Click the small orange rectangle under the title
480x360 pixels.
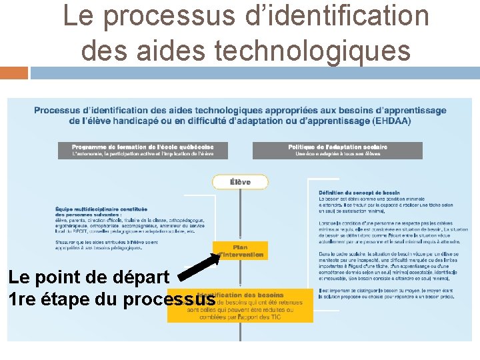[14, 73]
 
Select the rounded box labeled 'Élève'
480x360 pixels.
[240, 182]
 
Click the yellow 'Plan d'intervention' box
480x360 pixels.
[241, 251]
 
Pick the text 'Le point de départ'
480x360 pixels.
[90, 276]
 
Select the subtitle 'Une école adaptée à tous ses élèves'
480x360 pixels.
[337, 154]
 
